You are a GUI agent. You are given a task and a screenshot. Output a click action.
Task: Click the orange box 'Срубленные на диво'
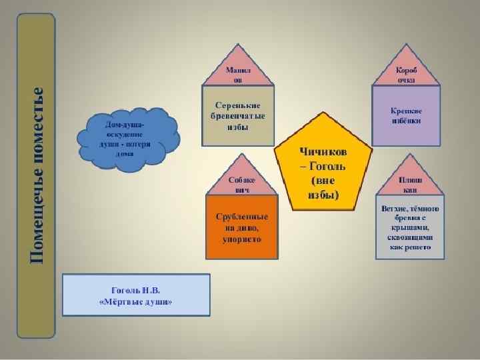coord(241,227)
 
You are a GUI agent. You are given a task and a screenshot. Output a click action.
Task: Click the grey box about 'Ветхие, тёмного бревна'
coord(410,227)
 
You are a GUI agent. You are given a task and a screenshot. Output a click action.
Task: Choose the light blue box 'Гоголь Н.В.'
coord(136,294)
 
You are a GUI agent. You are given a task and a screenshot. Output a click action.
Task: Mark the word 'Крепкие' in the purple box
coord(406,110)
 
